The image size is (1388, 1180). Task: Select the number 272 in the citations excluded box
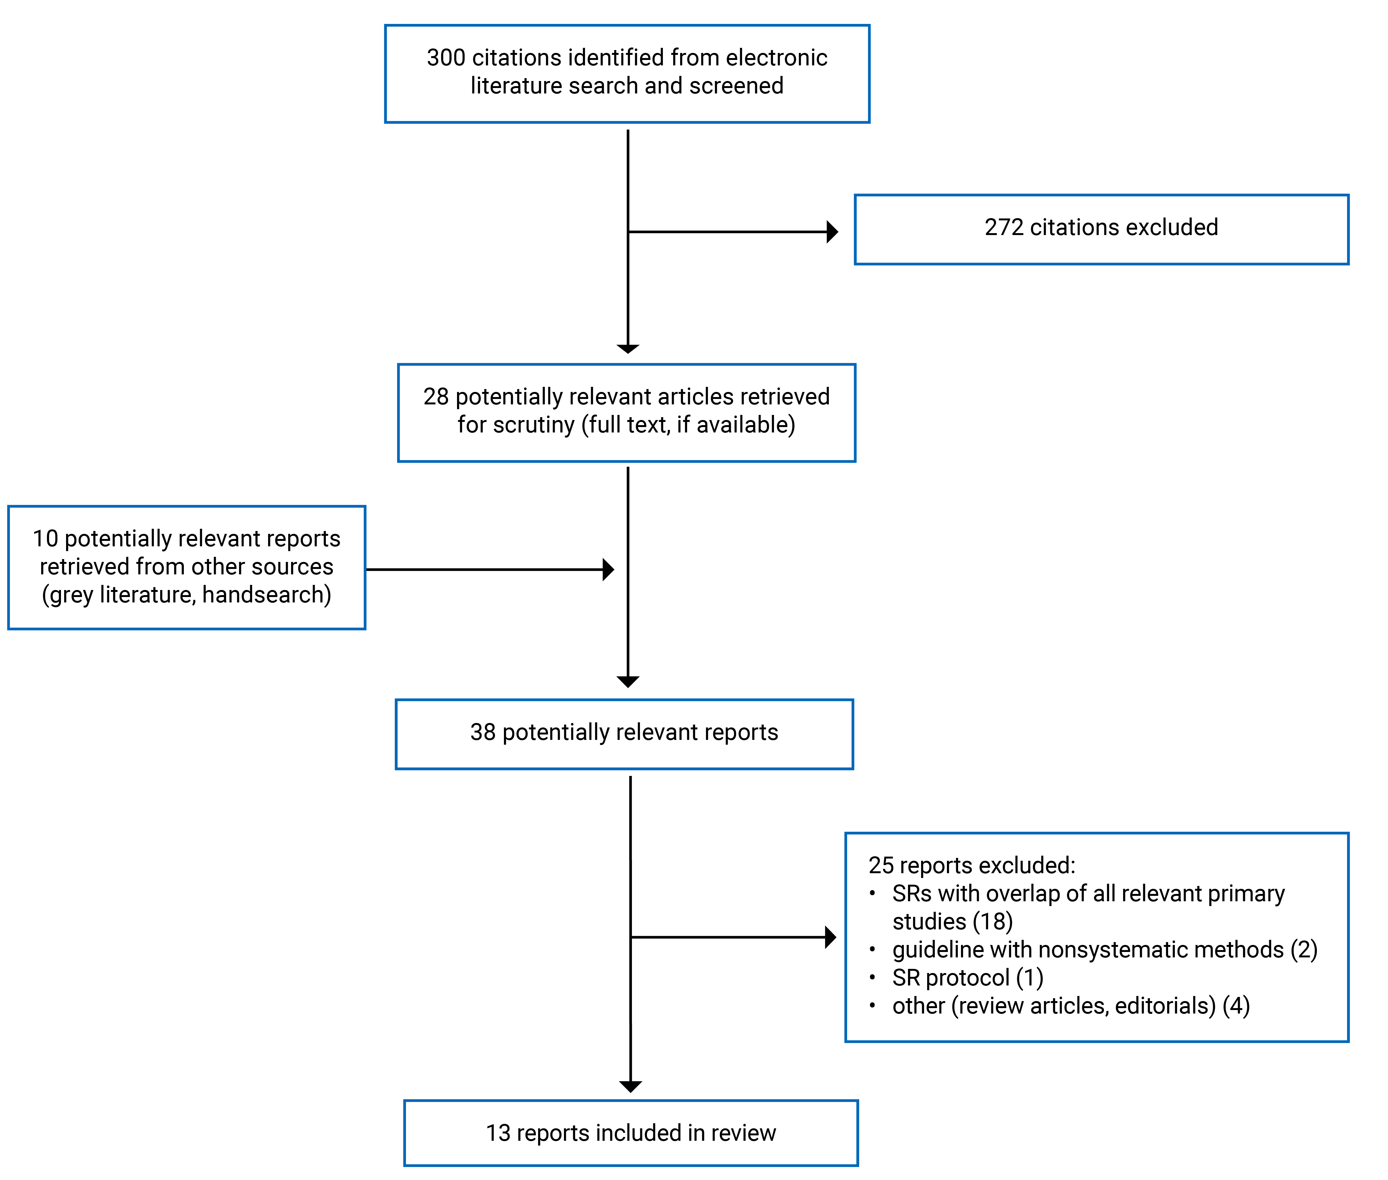pos(1004,227)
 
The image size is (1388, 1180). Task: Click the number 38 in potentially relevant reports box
pos(483,733)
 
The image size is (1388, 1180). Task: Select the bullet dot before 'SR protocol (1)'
pos(872,977)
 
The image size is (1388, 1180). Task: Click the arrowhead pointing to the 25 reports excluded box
pos(830,937)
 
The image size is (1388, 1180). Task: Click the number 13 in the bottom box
pos(498,1133)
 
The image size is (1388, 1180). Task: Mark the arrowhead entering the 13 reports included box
pos(630,1087)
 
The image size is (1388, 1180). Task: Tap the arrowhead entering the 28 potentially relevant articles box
pos(628,349)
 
